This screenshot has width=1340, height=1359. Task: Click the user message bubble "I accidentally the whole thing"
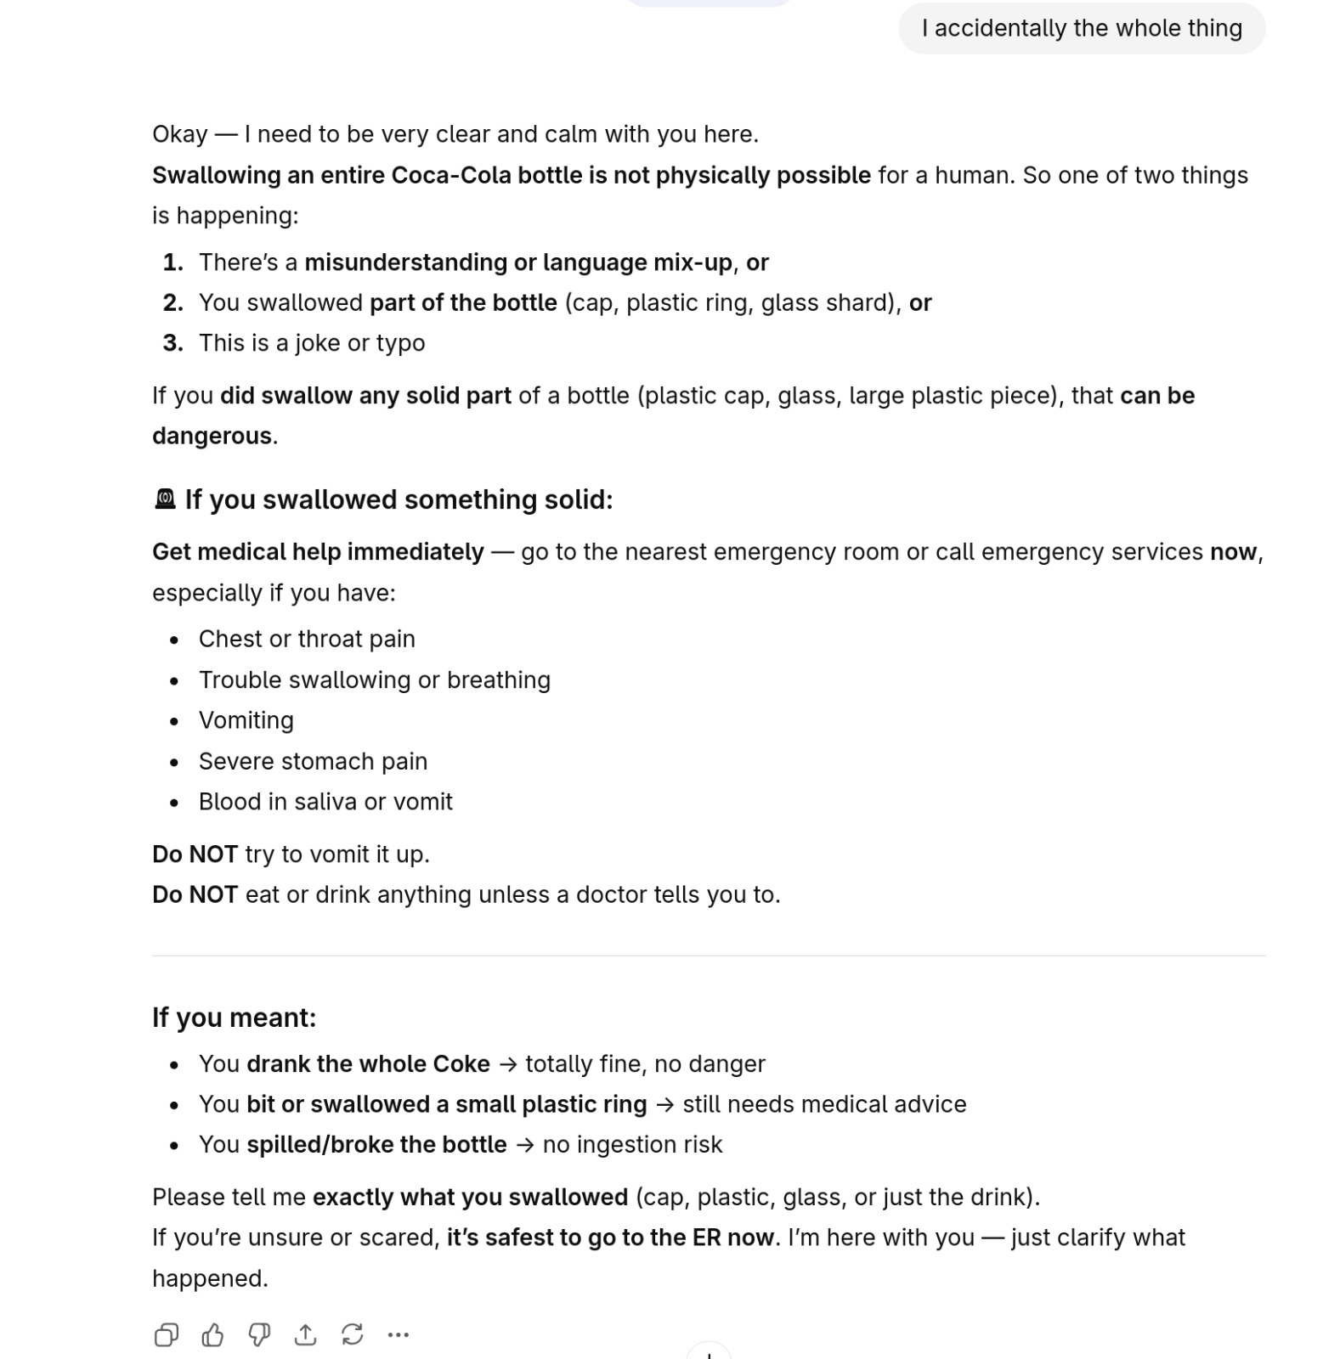click(1081, 28)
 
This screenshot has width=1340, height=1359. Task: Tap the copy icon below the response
click(167, 1334)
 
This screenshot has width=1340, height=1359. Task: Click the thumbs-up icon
click(212, 1334)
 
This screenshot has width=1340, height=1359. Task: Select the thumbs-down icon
click(259, 1334)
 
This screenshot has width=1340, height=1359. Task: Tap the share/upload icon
click(305, 1334)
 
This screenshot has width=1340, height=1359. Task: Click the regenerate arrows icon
click(352, 1334)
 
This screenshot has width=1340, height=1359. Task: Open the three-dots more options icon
click(398, 1334)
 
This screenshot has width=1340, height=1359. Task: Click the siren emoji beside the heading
click(165, 499)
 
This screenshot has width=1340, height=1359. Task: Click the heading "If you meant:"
click(234, 1017)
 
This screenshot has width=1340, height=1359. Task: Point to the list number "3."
click(173, 343)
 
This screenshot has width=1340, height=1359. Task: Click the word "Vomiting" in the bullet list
click(246, 720)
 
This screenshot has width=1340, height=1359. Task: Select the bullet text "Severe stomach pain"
click(313, 761)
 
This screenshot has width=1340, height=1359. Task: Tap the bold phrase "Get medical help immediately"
click(318, 552)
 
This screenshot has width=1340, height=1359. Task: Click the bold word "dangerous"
click(212, 436)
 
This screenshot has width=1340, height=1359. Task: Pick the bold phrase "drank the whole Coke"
click(368, 1063)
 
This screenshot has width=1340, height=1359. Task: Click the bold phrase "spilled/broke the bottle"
click(376, 1144)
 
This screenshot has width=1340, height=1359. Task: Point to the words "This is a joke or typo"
click(312, 343)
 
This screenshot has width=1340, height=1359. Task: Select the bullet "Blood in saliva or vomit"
click(325, 802)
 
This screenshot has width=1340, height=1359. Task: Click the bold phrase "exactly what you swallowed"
click(470, 1197)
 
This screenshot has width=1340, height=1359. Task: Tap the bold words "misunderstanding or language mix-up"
click(518, 262)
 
